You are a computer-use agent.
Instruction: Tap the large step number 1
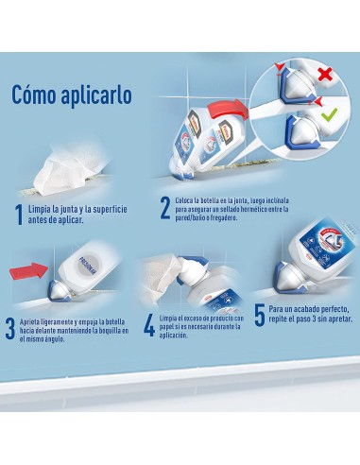pyautogui.click(x=18, y=214)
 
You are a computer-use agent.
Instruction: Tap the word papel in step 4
pyautogui.click(x=172, y=326)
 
